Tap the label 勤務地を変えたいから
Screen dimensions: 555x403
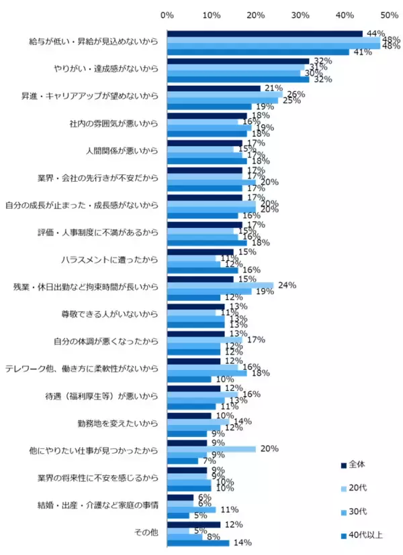pyautogui.click(x=118, y=424)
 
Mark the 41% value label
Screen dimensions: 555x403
pyautogui.click(x=362, y=52)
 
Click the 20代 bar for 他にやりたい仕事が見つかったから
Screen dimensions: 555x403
pyautogui.click(x=212, y=449)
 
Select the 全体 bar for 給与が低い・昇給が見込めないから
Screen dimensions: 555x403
pyautogui.click(x=265, y=34)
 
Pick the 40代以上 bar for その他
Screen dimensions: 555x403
pyautogui.click(x=198, y=543)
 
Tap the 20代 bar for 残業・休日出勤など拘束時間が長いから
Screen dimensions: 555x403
pyautogui.click(x=220, y=285)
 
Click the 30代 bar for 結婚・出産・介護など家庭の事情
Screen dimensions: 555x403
pyautogui.click(x=191, y=509)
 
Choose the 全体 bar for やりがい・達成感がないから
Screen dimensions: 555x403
pyautogui.click(x=238, y=61)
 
